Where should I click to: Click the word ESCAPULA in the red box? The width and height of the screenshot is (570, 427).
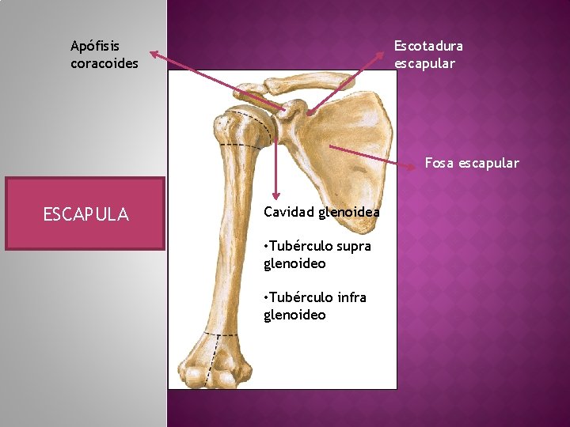click(x=85, y=214)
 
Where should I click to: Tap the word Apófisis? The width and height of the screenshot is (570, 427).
click(x=95, y=47)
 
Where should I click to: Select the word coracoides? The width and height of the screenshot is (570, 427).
click(x=104, y=63)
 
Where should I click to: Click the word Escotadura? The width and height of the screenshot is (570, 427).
click(x=428, y=47)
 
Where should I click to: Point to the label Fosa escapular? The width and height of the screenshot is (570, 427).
click(x=472, y=164)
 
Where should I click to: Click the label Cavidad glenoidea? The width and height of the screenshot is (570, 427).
click(x=321, y=212)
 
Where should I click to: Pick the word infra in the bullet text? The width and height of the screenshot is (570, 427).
click(x=351, y=297)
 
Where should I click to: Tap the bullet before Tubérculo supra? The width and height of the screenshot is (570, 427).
click(x=266, y=247)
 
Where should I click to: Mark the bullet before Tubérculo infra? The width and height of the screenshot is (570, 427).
click(x=266, y=297)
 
